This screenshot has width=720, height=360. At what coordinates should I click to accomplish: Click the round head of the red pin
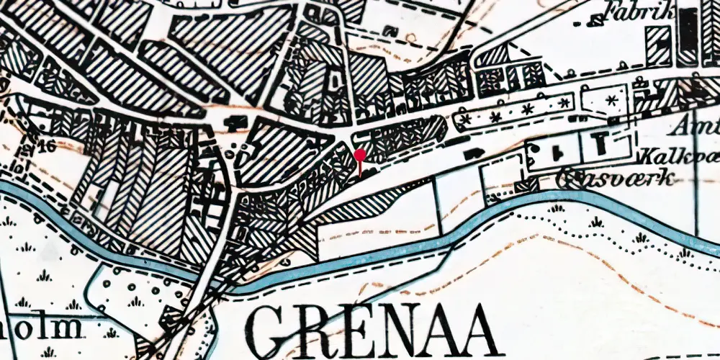pyautogui.click(x=360, y=155)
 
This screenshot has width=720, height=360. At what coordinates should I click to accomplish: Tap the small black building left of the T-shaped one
pyautogui.click(x=557, y=150)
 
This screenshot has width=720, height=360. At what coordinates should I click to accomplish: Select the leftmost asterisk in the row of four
pyautogui.click(x=467, y=117)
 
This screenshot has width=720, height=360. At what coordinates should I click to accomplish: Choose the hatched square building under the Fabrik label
pyautogui.click(x=658, y=45)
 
